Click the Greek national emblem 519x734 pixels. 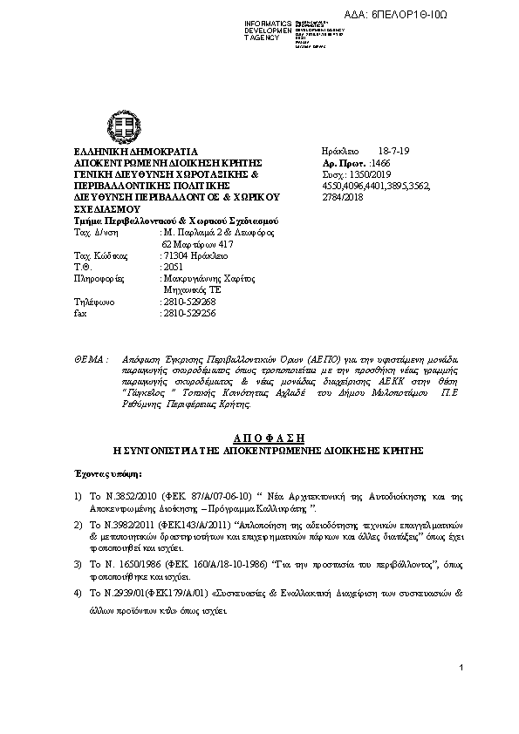(x=119, y=126)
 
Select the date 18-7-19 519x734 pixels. (x=393, y=152)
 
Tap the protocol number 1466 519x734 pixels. (x=381, y=163)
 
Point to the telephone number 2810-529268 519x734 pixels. (x=189, y=302)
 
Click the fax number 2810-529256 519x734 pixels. (x=189, y=313)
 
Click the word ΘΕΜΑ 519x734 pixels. (x=90, y=359)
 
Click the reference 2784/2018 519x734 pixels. (x=343, y=197)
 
